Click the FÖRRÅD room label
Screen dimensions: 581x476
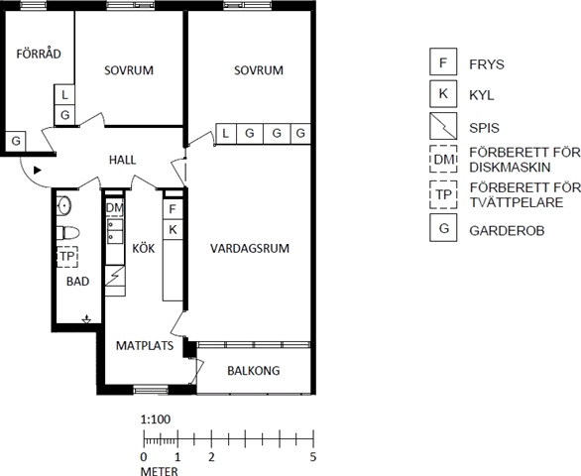click(x=39, y=54)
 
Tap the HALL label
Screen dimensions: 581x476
click(x=122, y=160)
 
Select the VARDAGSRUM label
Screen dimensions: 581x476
click(x=250, y=248)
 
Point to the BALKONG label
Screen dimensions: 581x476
click(x=254, y=370)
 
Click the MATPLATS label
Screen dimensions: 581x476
click(x=145, y=345)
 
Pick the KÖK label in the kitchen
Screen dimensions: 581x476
click(x=144, y=248)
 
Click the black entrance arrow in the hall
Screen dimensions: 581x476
click(x=37, y=171)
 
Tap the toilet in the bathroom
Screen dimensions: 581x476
click(x=68, y=233)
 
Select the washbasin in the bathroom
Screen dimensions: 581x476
click(x=64, y=205)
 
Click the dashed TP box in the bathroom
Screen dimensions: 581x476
click(x=67, y=257)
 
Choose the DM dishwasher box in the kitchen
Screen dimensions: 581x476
click(x=114, y=208)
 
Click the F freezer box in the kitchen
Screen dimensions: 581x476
click(x=173, y=209)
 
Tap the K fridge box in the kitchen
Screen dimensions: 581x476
click(x=173, y=230)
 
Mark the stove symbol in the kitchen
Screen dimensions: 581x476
click(x=115, y=276)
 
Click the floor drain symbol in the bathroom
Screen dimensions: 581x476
click(x=86, y=318)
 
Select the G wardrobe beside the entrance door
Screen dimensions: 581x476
click(x=16, y=141)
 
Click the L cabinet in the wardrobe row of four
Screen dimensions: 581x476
click(x=226, y=133)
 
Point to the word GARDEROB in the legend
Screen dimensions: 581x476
click(x=507, y=231)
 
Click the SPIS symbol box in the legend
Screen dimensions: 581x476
click(x=443, y=126)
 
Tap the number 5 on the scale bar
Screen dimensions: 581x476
click(x=313, y=457)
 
